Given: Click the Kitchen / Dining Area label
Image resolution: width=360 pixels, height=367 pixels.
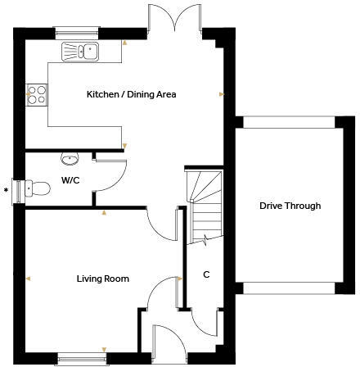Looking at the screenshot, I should tap(131, 94).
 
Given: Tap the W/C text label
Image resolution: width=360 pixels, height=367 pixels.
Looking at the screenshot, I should tap(70, 180).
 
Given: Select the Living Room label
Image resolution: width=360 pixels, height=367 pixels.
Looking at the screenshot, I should tap(98, 279).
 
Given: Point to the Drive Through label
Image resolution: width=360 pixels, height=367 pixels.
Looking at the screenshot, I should tap(290, 206).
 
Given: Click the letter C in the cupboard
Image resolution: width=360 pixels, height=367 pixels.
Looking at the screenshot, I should tap(206, 274).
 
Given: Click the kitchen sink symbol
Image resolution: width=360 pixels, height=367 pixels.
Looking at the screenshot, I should tap(79, 52).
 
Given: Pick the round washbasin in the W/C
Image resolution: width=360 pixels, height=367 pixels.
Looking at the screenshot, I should tap(70, 158).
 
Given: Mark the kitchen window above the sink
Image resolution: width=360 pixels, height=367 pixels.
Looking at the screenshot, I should tap(79, 34).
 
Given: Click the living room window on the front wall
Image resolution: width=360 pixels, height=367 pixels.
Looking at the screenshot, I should tap(81, 357).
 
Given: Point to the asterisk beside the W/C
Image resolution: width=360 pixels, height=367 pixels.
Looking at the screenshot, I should tap(7, 190).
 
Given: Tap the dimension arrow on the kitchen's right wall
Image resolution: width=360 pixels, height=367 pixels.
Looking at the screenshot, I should tap(221, 94).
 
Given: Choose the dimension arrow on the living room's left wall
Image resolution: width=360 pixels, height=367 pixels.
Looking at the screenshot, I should tap(27, 279).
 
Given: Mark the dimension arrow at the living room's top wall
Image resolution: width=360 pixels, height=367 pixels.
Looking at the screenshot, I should tap(104, 213).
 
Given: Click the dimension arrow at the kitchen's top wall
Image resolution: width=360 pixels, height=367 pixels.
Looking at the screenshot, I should tap(124, 41).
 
